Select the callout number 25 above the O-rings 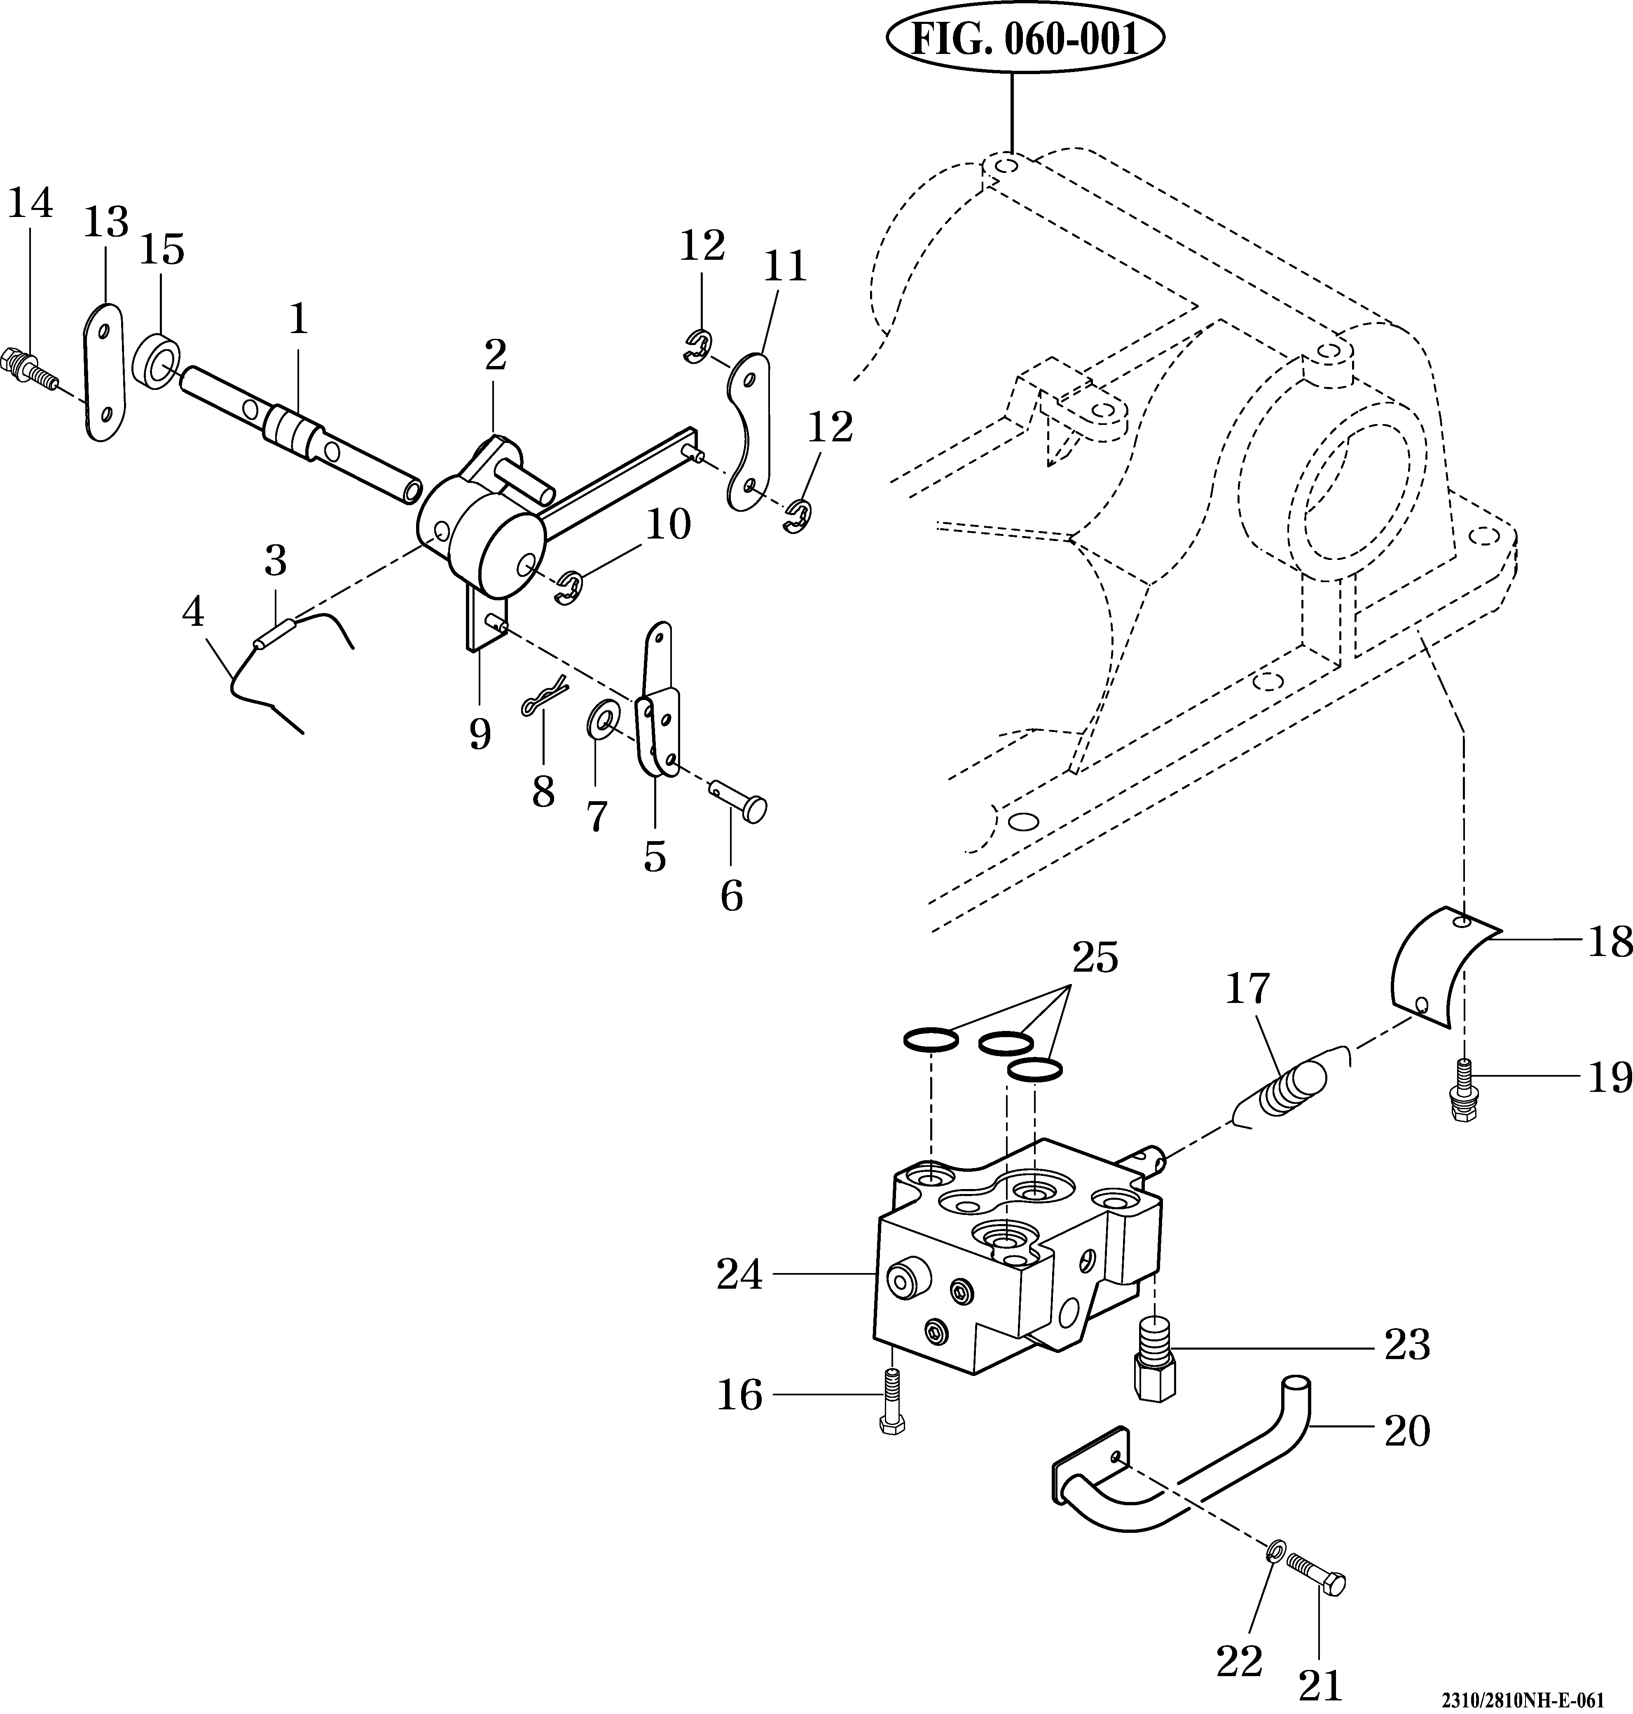click(x=1095, y=959)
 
